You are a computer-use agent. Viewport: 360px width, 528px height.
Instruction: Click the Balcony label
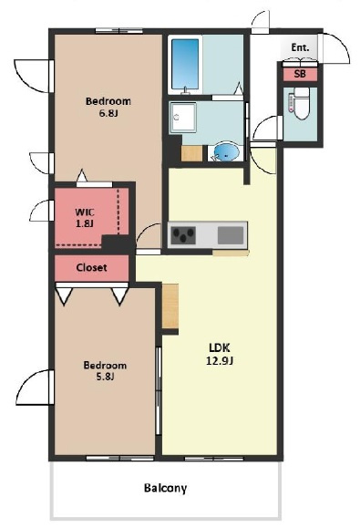pos(165,488)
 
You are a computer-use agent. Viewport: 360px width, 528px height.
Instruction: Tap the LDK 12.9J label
pos(220,354)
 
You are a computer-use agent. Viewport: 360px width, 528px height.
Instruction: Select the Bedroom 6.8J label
pos(108,107)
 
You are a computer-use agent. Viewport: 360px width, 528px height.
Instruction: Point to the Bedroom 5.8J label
pos(105,371)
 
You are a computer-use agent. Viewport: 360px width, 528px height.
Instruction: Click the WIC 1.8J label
pos(85,218)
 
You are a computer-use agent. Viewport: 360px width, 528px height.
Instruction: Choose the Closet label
pos(91,268)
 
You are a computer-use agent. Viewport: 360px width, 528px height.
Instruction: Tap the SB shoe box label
pos(300,74)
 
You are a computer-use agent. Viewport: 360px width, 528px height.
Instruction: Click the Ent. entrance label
pos(300,47)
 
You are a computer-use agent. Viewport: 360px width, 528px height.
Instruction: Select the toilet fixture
pos(300,103)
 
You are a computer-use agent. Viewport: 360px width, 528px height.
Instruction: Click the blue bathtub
pos(185,65)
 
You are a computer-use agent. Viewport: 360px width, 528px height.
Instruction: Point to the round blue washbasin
pos(226,152)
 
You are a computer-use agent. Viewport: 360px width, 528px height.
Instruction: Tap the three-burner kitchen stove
pos(183,235)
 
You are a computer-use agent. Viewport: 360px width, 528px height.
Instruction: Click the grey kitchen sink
pos(231,235)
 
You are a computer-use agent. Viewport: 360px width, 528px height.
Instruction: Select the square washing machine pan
pos(182,118)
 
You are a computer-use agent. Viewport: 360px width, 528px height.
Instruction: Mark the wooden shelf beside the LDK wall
pos(170,305)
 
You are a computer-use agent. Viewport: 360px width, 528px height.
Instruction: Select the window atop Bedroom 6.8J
pos(118,31)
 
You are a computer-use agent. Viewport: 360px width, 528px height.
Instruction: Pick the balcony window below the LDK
pos(214,459)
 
